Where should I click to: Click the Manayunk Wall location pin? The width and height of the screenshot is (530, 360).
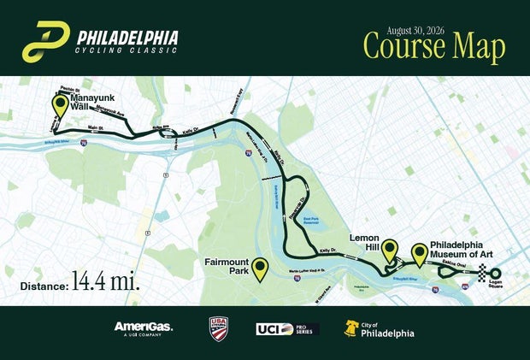click(x=60, y=106)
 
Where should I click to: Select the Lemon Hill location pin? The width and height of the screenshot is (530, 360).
click(x=390, y=250)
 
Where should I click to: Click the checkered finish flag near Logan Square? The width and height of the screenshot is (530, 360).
click(x=484, y=273)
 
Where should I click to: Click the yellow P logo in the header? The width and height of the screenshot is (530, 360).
click(x=45, y=41)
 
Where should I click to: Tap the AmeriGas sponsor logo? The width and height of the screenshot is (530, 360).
click(x=144, y=328)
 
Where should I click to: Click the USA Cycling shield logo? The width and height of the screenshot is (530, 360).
click(x=219, y=328)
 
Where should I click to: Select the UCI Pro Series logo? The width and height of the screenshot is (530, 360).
click(x=286, y=328)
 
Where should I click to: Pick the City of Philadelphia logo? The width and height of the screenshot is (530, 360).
click(x=380, y=328)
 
